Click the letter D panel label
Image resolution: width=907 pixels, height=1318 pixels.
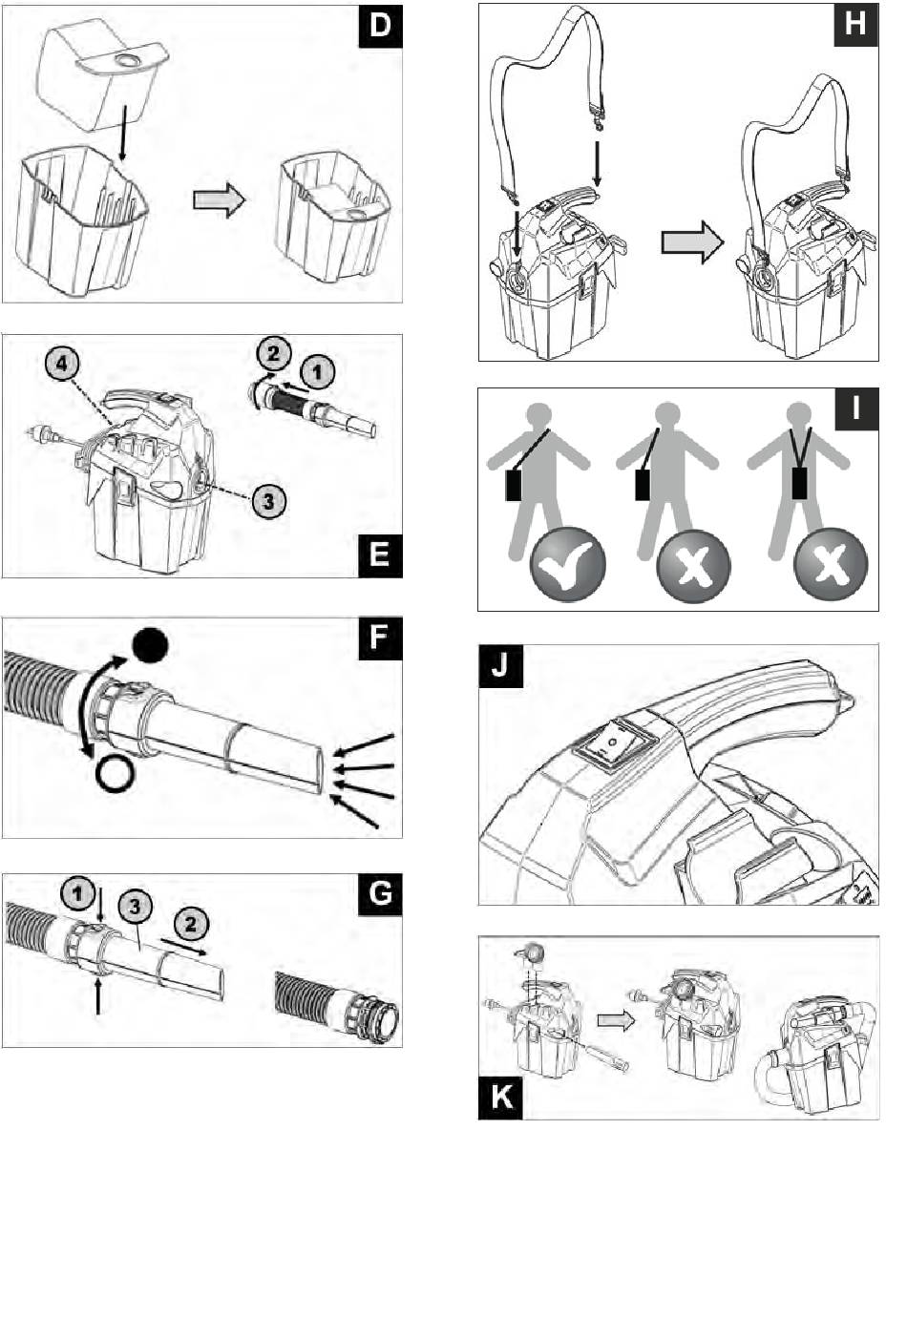pyautogui.click(x=380, y=25)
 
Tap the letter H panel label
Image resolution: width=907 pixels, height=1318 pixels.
pyautogui.click(x=854, y=24)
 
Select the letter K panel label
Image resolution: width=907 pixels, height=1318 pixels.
pyautogui.click(x=500, y=1097)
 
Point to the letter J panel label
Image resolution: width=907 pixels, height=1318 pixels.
pyautogui.click(x=500, y=666)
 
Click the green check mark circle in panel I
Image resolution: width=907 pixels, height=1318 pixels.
pyautogui.click(x=570, y=567)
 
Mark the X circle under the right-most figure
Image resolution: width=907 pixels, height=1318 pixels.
pyautogui.click(x=833, y=566)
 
